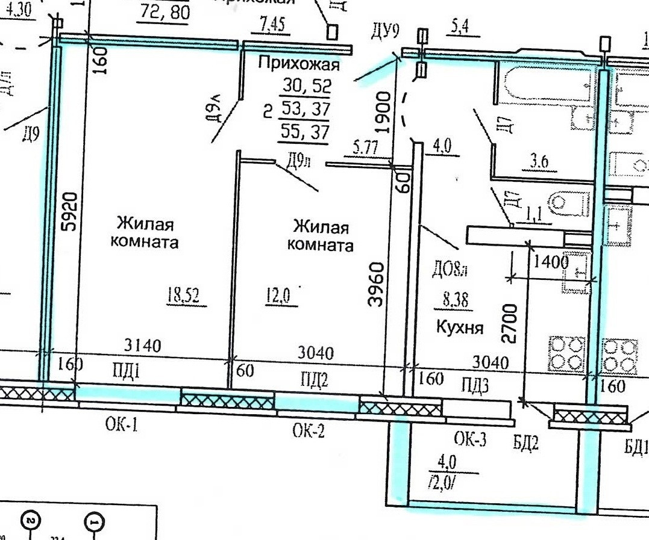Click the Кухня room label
460,327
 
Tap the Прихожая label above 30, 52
298,63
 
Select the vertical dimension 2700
510,324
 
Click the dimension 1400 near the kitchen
551,262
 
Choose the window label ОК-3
470,439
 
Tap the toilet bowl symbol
569,203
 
